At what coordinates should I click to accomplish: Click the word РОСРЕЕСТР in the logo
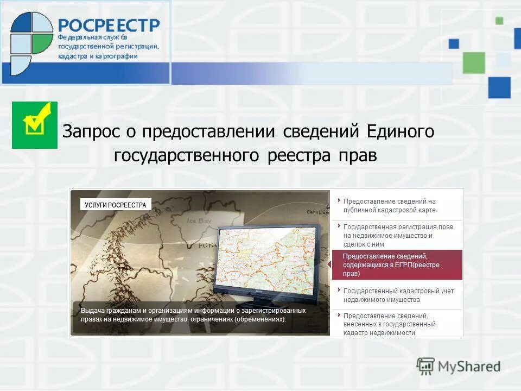[109, 26]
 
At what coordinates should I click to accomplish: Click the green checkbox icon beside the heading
[35, 125]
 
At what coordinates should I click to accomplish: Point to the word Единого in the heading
[401, 131]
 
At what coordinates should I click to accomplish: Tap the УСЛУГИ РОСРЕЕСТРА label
[116, 205]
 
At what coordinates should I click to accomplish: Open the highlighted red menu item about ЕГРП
[397, 265]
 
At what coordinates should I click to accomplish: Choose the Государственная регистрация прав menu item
[397, 235]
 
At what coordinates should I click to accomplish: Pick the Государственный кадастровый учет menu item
[397, 295]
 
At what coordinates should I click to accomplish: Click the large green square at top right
[473, 62]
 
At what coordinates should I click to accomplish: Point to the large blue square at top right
[499, 87]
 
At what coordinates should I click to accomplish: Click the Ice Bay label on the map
[198, 221]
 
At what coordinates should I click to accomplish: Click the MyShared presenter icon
[425, 367]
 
